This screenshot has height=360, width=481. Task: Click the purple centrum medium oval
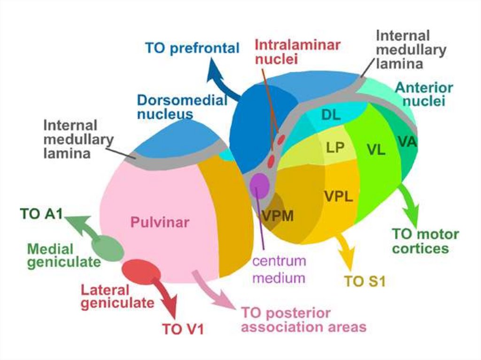click(x=259, y=185)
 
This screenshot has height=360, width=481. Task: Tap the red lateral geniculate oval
click(x=140, y=270)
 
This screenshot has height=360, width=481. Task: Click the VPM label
click(x=278, y=216)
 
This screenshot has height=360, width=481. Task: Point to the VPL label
click(x=338, y=196)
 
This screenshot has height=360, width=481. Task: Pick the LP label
click(x=335, y=148)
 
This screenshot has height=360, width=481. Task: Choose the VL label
click(x=376, y=150)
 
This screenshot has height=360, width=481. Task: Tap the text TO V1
click(x=183, y=329)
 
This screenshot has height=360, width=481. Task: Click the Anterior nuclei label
click(x=424, y=94)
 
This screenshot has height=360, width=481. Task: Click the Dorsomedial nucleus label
click(x=182, y=107)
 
